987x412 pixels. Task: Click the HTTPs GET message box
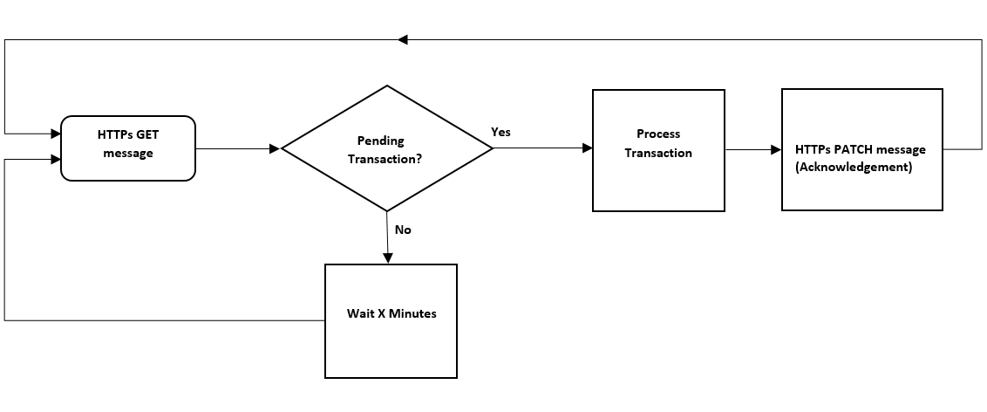127,148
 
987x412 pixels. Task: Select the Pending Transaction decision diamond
387,148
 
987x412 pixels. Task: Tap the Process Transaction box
658,150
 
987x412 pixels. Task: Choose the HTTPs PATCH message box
861,149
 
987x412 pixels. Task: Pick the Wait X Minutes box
391,320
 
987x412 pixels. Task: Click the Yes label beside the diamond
500,132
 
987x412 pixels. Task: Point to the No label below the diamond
403,230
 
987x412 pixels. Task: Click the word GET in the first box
146,135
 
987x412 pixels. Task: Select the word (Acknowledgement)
854,167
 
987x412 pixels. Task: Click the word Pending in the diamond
381,141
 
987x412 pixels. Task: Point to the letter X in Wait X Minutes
380,313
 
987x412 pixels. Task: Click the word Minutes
412,313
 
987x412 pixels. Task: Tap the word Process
658,134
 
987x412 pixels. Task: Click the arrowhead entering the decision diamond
275,149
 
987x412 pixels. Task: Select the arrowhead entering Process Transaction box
587,149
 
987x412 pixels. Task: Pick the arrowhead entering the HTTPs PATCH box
776,149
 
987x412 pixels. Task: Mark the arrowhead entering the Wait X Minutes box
387,258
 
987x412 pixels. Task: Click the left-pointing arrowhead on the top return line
403,39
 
